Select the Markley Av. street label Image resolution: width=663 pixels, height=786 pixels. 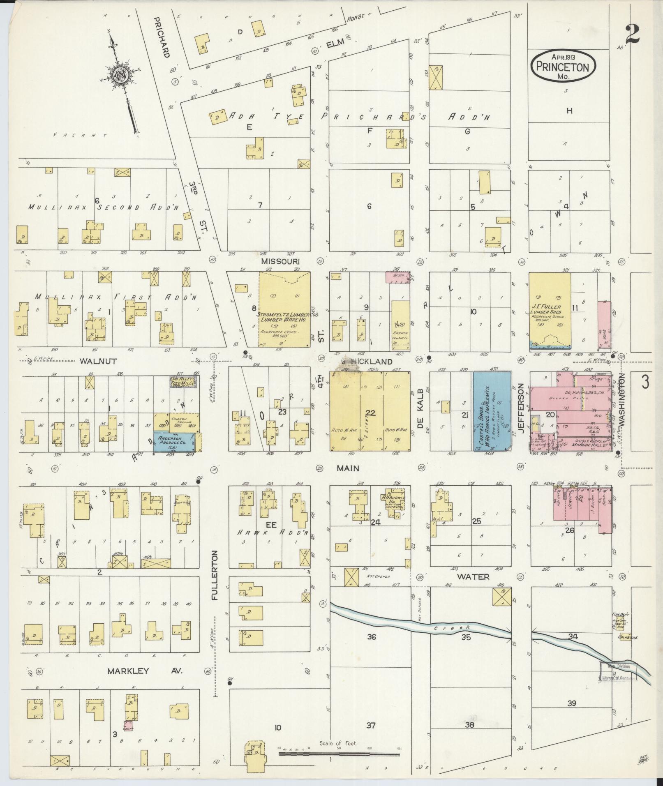(144, 671)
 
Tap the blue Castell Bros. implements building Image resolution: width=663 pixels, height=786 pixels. (492, 411)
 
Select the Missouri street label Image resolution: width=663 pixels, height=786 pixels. (280, 261)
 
